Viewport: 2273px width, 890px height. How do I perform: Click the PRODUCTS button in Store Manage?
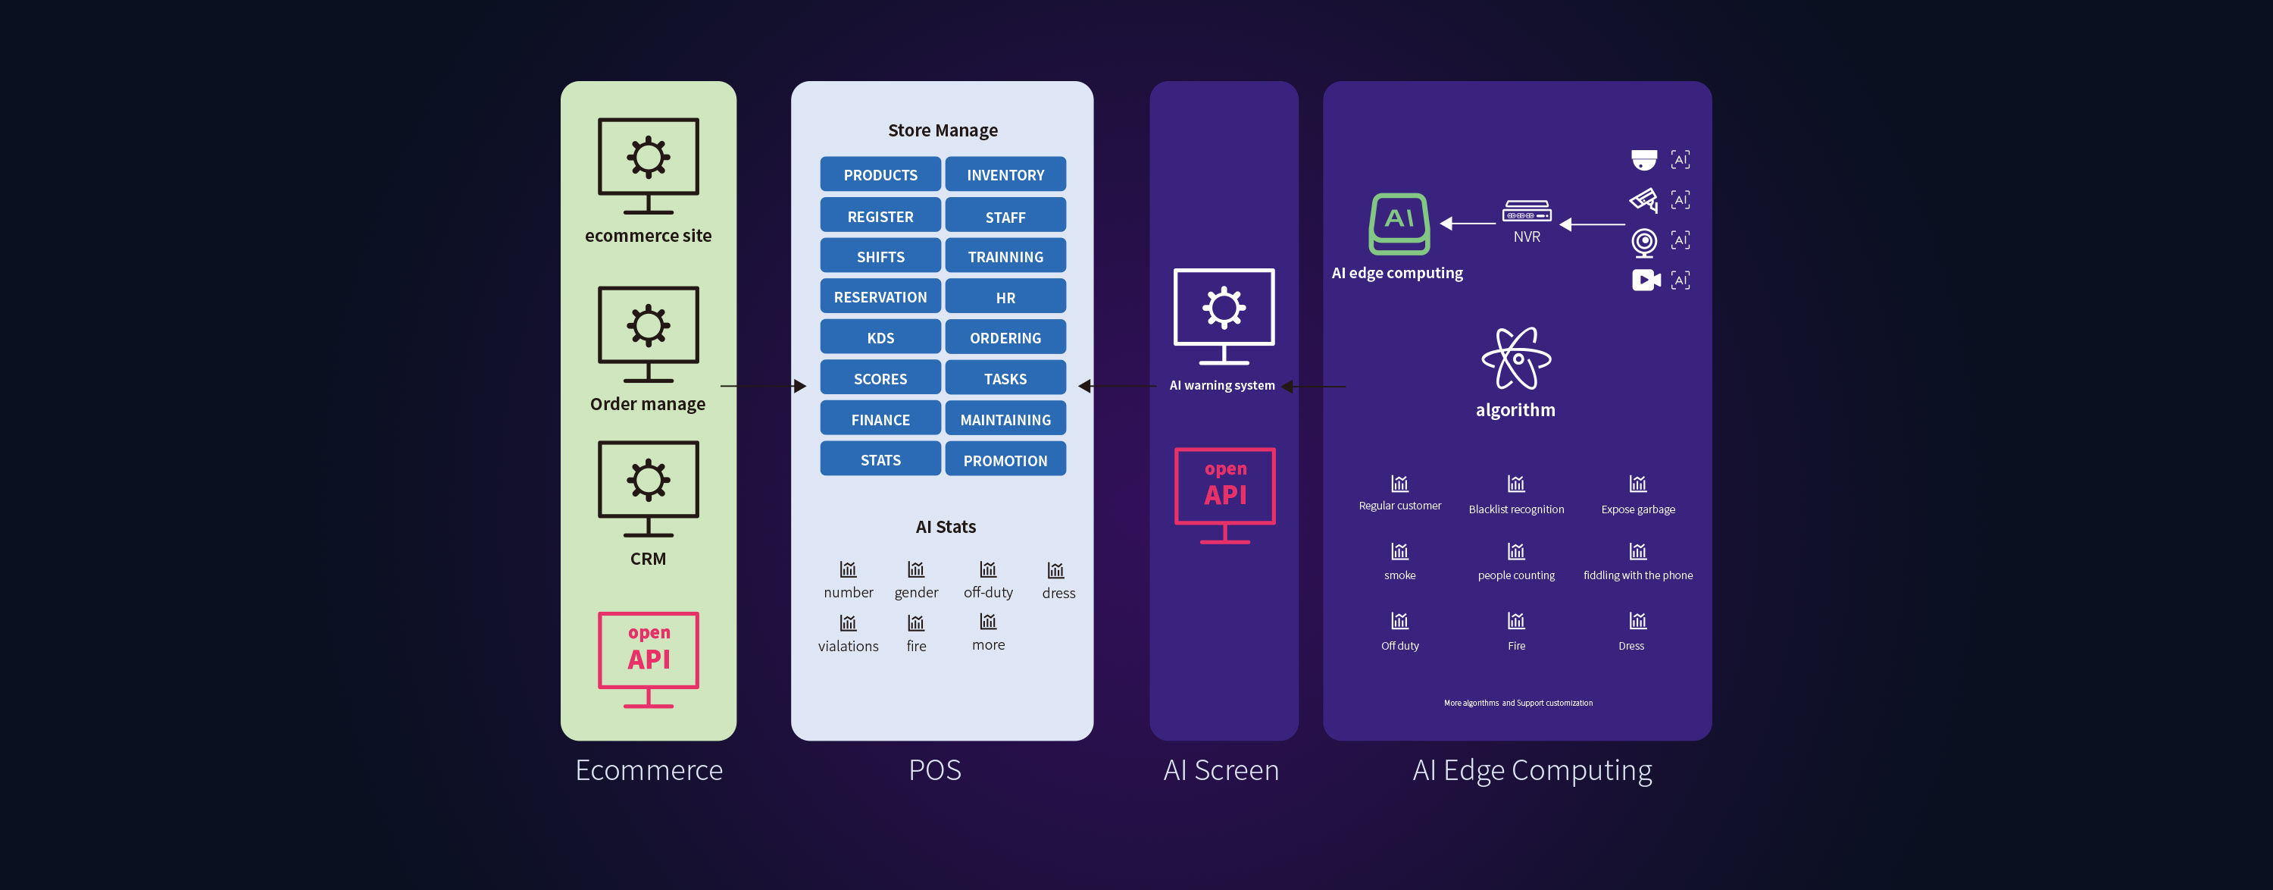[x=880, y=175]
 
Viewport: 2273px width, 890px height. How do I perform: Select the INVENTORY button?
[x=1005, y=175]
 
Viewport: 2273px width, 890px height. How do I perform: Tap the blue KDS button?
[x=880, y=337]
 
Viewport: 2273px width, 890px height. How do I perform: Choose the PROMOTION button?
[x=1005, y=460]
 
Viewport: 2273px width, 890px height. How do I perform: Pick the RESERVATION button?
[x=880, y=296]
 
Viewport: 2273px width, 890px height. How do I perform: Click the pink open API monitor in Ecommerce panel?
[x=649, y=659]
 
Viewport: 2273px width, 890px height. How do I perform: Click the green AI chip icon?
[x=1399, y=224]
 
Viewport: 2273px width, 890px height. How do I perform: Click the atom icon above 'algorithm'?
[x=1516, y=359]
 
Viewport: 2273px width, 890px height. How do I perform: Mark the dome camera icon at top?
[x=1644, y=160]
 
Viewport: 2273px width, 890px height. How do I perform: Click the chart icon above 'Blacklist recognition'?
[x=1516, y=484]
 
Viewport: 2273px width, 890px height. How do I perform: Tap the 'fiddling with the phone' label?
[x=1637, y=575]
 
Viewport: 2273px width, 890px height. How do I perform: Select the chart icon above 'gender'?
[x=916, y=569]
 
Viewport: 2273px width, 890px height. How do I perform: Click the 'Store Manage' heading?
[x=943, y=130]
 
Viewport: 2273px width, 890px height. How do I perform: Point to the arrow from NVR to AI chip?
[x=1468, y=224]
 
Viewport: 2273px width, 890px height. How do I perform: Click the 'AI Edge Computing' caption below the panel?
[x=1532, y=770]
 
